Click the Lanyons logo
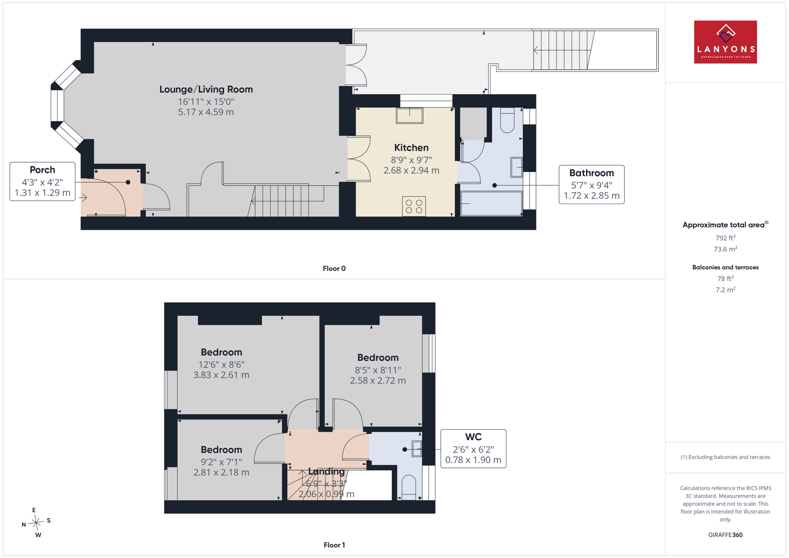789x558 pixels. (725, 42)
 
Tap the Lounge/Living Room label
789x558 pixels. (206, 89)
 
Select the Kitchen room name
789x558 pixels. (411, 147)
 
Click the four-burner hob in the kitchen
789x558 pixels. (414, 207)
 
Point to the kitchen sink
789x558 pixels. (409, 115)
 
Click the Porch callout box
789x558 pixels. (42, 181)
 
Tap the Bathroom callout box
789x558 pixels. (591, 184)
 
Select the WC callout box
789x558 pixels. (473, 449)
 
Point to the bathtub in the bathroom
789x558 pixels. (491, 203)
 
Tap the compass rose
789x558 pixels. (36, 523)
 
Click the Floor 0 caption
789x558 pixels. (334, 269)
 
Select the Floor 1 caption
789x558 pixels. (334, 545)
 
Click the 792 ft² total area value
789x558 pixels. (725, 238)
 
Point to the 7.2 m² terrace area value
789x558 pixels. (725, 289)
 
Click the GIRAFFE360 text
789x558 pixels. (725, 535)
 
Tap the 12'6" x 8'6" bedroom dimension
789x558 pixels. (221, 364)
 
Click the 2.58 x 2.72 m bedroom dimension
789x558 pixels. (378, 381)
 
